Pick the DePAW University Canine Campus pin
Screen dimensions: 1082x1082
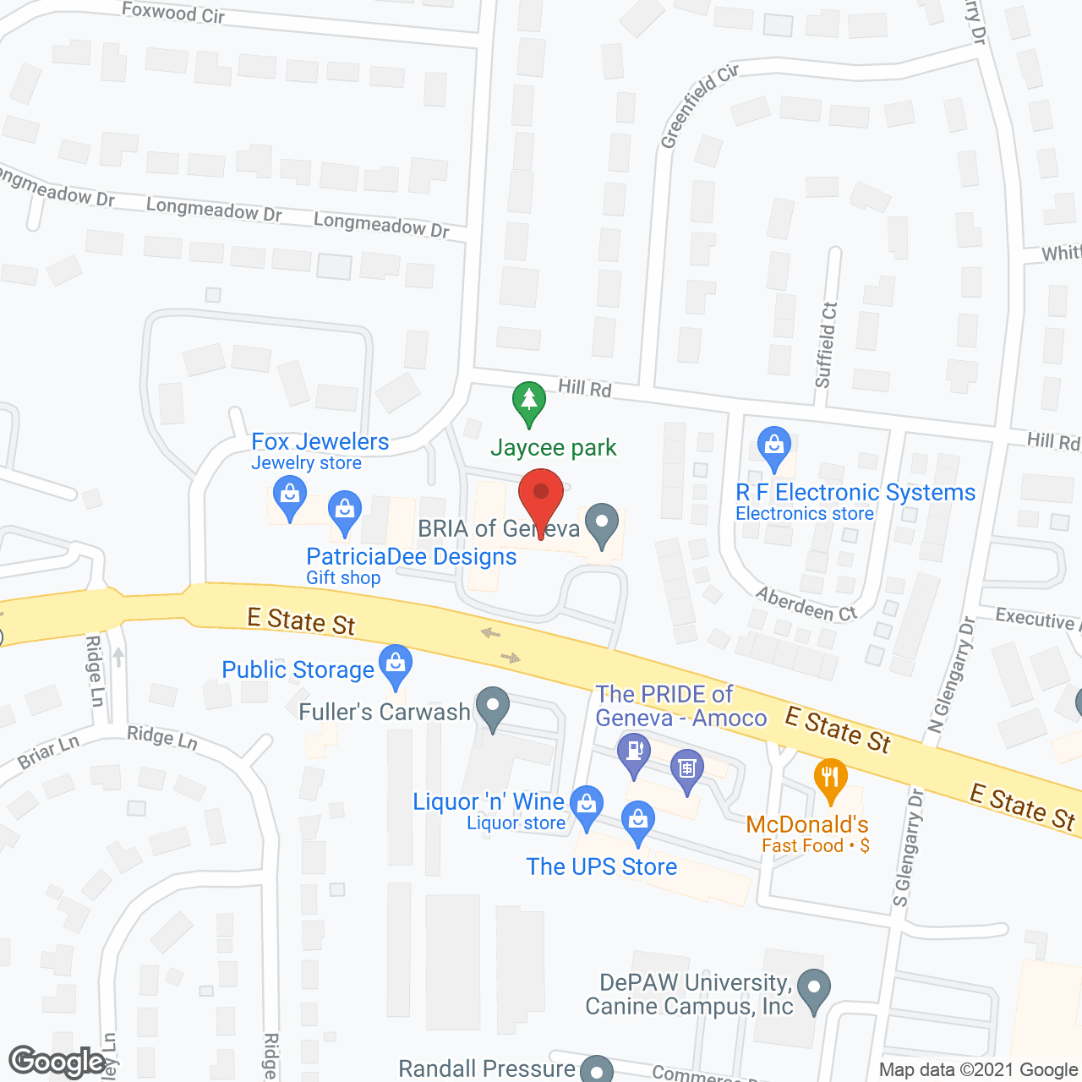(x=814, y=988)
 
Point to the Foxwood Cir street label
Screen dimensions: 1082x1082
(x=173, y=12)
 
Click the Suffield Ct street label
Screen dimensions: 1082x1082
(x=827, y=345)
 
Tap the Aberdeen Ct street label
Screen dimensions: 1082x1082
(x=806, y=604)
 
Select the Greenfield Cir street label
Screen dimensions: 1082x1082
(x=699, y=107)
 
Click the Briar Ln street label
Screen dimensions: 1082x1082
(x=48, y=751)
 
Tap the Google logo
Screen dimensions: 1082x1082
(x=57, y=1062)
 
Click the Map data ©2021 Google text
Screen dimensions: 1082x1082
(x=978, y=1070)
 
